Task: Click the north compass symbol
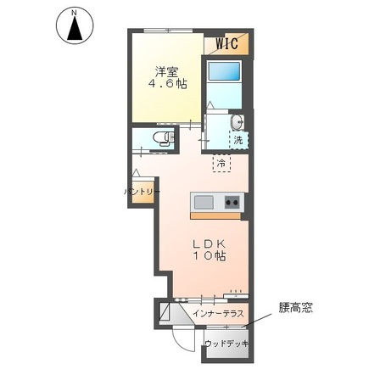(x=75, y=29)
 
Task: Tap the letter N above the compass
(x=75, y=12)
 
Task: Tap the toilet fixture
(x=161, y=137)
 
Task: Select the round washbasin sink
(x=237, y=120)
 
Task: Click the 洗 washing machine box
(x=238, y=139)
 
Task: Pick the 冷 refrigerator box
(x=221, y=162)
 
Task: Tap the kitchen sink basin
(x=204, y=202)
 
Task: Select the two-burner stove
(x=232, y=202)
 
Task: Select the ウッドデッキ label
(x=226, y=344)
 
